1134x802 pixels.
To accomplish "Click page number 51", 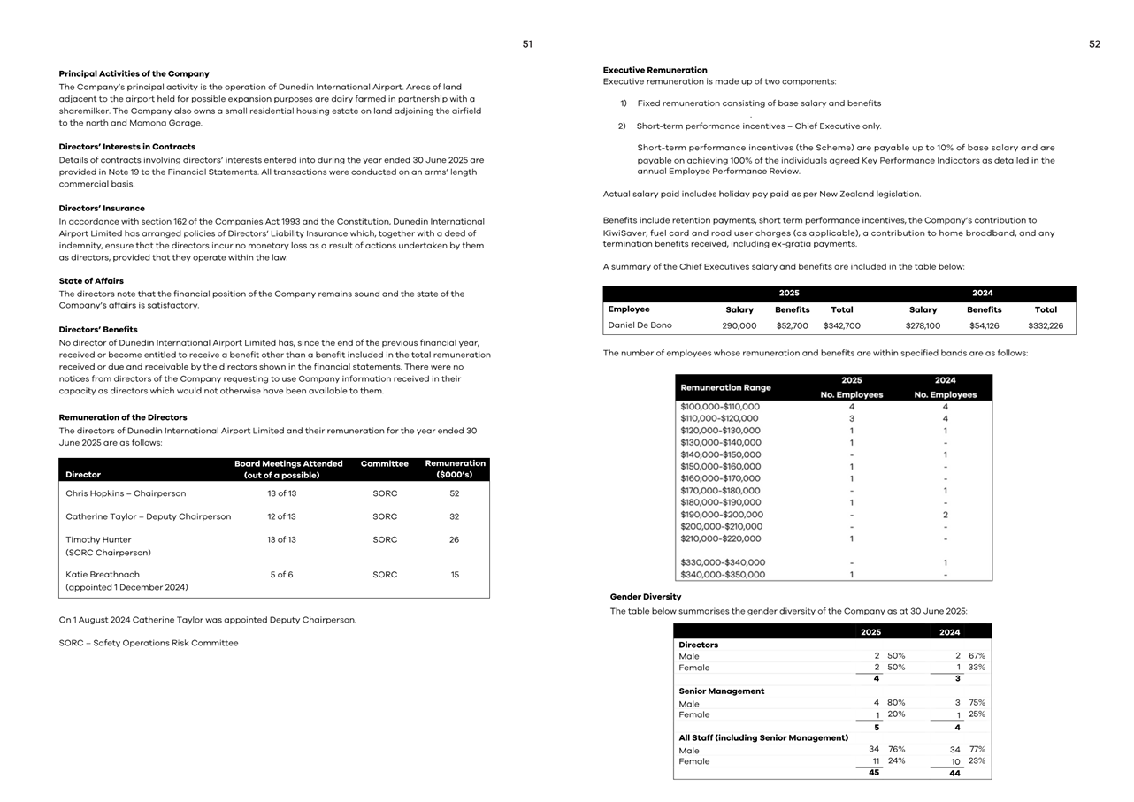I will point(527,44).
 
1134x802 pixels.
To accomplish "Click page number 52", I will point(1094,44).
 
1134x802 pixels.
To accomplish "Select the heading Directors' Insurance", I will point(102,209).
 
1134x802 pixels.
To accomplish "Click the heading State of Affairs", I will point(91,281).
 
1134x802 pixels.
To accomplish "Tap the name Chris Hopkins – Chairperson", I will point(126,493).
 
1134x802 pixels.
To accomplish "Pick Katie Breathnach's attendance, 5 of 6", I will point(281,575).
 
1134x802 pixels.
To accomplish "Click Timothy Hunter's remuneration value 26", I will point(454,539).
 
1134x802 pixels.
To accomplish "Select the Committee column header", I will point(385,463).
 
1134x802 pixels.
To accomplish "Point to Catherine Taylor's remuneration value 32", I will point(454,516).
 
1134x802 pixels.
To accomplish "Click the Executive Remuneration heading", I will point(655,70).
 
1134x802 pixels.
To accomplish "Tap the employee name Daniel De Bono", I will point(640,325).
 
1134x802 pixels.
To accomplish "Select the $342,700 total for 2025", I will point(841,326).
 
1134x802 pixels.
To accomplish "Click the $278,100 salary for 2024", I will point(923,326).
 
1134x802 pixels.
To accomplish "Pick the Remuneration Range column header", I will point(725,387).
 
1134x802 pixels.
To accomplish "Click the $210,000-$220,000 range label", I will point(720,538).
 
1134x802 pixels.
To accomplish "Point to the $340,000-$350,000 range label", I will point(723,575).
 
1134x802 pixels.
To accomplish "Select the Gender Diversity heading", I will point(646,597).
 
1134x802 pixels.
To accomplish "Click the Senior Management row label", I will point(721,691).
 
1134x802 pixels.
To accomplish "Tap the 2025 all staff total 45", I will point(874,773).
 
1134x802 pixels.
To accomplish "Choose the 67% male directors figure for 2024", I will point(977,656).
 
